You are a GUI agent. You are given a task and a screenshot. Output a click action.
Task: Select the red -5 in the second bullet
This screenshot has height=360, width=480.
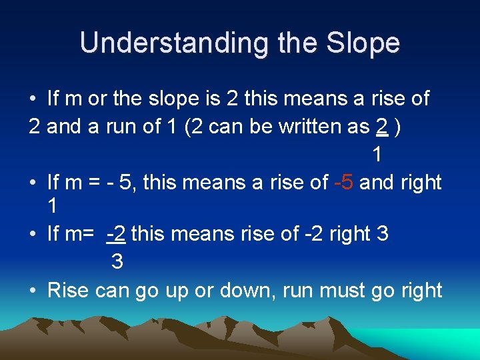click(x=343, y=181)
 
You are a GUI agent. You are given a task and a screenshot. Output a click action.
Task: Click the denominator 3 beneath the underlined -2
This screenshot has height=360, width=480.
click(x=117, y=261)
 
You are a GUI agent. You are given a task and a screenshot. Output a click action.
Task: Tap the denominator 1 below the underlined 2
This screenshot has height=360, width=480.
click(x=377, y=155)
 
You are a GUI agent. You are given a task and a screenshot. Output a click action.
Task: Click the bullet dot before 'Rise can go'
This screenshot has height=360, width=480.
click(x=33, y=291)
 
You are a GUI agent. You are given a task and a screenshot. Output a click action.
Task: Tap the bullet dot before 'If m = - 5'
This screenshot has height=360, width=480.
click(x=33, y=182)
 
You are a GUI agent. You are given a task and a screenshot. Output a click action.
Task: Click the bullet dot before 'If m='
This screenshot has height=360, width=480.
click(x=33, y=234)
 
